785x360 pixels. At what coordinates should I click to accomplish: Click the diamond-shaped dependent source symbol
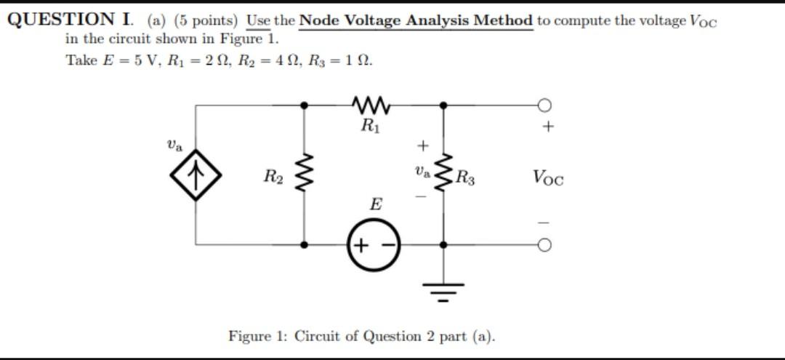(x=194, y=177)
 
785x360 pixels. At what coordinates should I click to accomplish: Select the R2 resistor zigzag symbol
(x=304, y=175)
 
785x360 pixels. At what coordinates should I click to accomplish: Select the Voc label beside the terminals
(x=547, y=177)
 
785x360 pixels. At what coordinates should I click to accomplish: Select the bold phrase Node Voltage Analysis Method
(x=416, y=20)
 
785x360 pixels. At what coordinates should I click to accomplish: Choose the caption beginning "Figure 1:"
(x=362, y=336)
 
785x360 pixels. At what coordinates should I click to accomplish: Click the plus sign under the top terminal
(x=547, y=128)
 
